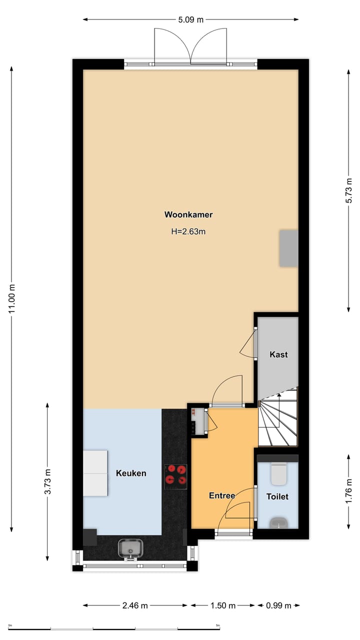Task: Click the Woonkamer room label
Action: pyautogui.click(x=188, y=215)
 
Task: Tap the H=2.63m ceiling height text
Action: pyautogui.click(x=188, y=231)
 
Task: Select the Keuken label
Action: pyautogui.click(x=131, y=473)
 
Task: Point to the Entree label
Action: pyautogui.click(x=222, y=496)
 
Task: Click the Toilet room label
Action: pyautogui.click(x=277, y=497)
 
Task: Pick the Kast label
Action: pyautogui.click(x=278, y=354)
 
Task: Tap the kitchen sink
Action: pyautogui.click(x=131, y=549)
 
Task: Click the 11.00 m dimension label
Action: pyautogui.click(x=11, y=298)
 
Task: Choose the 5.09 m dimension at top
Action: pyautogui.click(x=190, y=20)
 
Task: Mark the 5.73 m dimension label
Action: pyautogui.click(x=349, y=190)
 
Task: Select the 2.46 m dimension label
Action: pyautogui.click(x=135, y=605)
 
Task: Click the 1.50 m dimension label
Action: pyautogui.click(x=222, y=605)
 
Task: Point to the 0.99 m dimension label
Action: pyautogui.click(x=278, y=605)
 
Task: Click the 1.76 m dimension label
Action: pyautogui.click(x=349, y=491)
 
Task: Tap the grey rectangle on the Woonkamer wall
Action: pyautogui.click(x=288, y=248)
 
